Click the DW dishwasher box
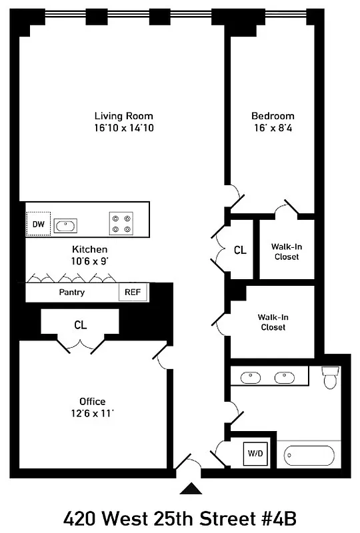pos(38,225)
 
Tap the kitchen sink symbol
pos(65,225)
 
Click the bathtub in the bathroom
pos(309,456)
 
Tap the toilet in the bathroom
pos(330,378)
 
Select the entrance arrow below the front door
pos(191,490)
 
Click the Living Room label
pos(124,116)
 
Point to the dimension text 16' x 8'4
pos(273,128)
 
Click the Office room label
pos(93,401)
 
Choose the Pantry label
pos(72,292)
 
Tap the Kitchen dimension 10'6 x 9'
pos(90,261)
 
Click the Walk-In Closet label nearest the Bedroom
pos(285,251)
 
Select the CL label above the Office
pos(81,325)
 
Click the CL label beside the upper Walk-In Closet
pos(240,251)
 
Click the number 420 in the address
pos(83,518)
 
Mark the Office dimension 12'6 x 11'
pos(93,413)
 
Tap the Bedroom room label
pos(273,116)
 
